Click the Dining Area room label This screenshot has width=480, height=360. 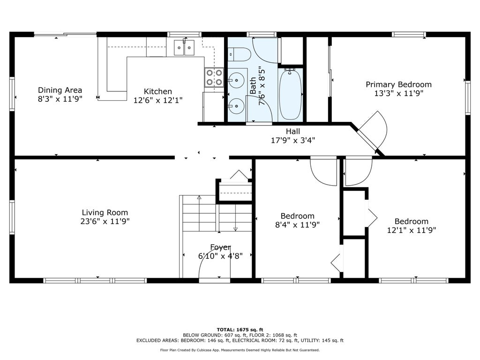pos(60,90)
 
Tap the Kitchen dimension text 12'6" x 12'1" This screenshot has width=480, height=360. pos(158,100)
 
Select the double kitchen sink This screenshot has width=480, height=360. pos(184,47)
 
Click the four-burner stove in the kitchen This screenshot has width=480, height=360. pos(214,77)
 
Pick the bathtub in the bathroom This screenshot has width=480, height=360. pos(291,94)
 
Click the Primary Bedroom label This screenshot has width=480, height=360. pos(398,84)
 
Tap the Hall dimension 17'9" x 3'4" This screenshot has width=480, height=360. pos(293,140)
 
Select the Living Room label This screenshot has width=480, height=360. pos(105,212)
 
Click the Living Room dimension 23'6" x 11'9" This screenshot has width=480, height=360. pos(105,221)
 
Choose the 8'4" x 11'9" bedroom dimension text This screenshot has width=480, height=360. pos(297,225)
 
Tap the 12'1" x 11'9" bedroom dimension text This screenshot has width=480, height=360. pos(412,230)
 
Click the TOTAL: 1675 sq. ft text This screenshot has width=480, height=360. pos(240,330)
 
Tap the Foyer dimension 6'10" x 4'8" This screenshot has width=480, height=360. pos(220,255)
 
